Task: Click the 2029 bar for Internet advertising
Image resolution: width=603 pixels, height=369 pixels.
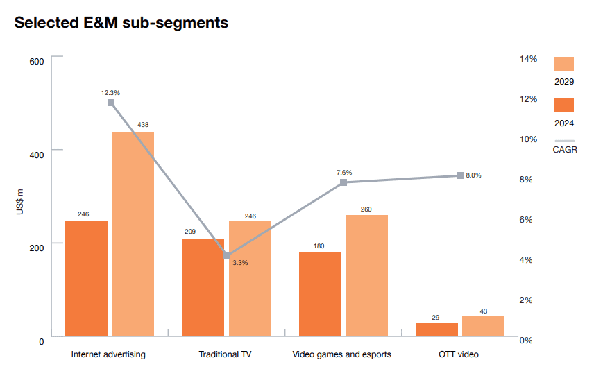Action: point(133,234)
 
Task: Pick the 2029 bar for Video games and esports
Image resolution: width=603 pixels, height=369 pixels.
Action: point(366,275)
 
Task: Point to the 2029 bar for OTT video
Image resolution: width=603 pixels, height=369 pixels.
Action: point(483,326)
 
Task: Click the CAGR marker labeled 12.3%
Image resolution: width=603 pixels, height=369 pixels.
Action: point(111,103)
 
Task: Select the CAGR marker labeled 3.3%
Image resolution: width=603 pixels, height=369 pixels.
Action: point(227,256)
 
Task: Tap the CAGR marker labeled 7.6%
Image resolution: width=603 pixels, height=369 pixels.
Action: point(343,182)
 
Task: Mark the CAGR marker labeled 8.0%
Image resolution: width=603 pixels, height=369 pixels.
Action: point(460,175)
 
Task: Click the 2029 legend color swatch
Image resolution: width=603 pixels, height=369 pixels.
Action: point(563,64)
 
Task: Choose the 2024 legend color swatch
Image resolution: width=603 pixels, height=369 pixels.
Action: point(563,105)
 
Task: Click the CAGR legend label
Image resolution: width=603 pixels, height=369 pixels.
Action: point(564,149)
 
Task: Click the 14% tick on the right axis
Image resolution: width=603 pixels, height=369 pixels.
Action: point(528,59)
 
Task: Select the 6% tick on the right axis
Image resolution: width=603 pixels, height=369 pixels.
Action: point(528,220)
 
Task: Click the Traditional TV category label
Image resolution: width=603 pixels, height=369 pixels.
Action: point(225,354)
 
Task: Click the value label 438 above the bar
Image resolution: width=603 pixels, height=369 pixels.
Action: point(143,125)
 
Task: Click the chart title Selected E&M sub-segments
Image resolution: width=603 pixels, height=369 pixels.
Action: point(121,22)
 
